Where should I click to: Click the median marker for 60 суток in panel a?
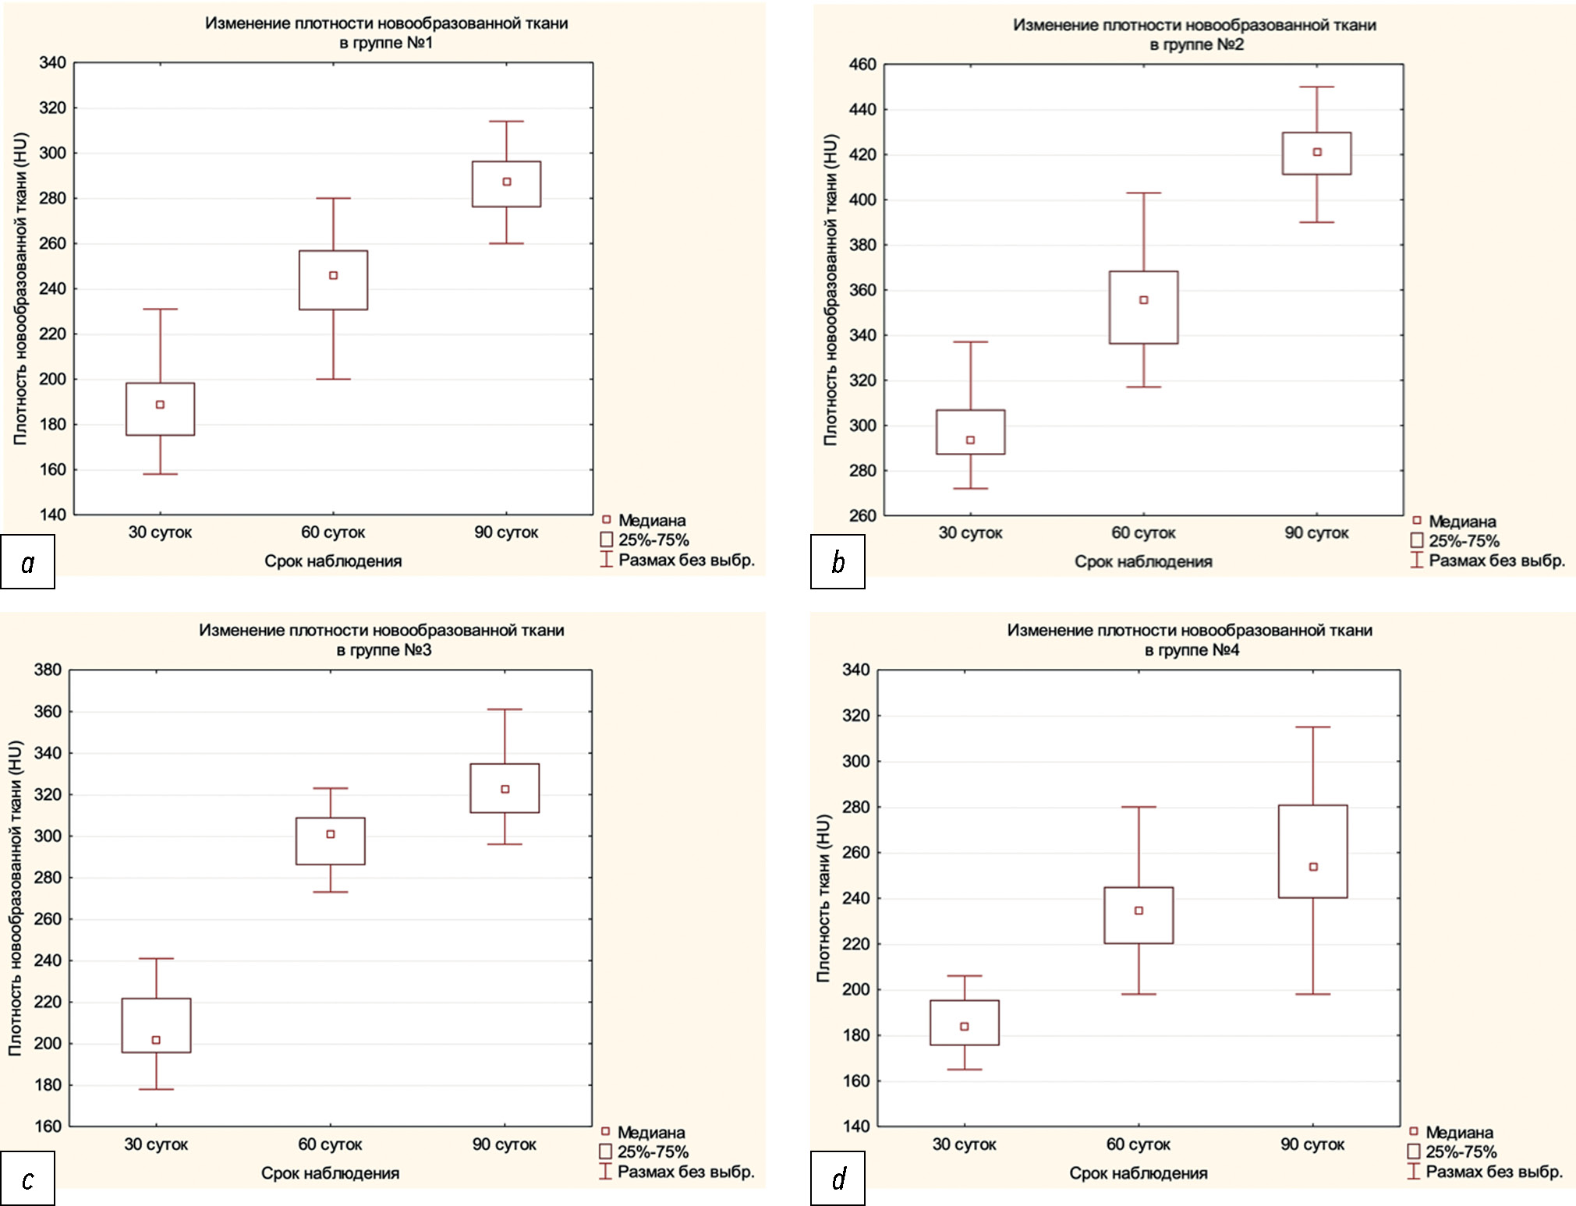(x=333, y=275)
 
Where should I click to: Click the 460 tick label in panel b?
(x=862, y=64)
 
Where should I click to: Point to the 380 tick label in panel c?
(x=48, y=670)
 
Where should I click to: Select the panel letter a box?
(x=28, y=561)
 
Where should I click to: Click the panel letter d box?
(x=838, y=1178)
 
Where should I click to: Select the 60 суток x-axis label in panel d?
(x=1138, y=1144)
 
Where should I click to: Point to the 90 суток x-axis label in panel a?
(x=506, y=532)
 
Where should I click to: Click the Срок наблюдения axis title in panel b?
(x=1143, y=561)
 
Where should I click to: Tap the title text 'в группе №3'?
(x=384, y=650)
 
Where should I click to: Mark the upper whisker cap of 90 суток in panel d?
(x=1313, y=727)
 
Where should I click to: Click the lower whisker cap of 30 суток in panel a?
(x=161, y=474)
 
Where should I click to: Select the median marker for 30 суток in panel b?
(x=970, y=440)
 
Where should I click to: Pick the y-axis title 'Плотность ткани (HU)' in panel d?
(x=823, y=897)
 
